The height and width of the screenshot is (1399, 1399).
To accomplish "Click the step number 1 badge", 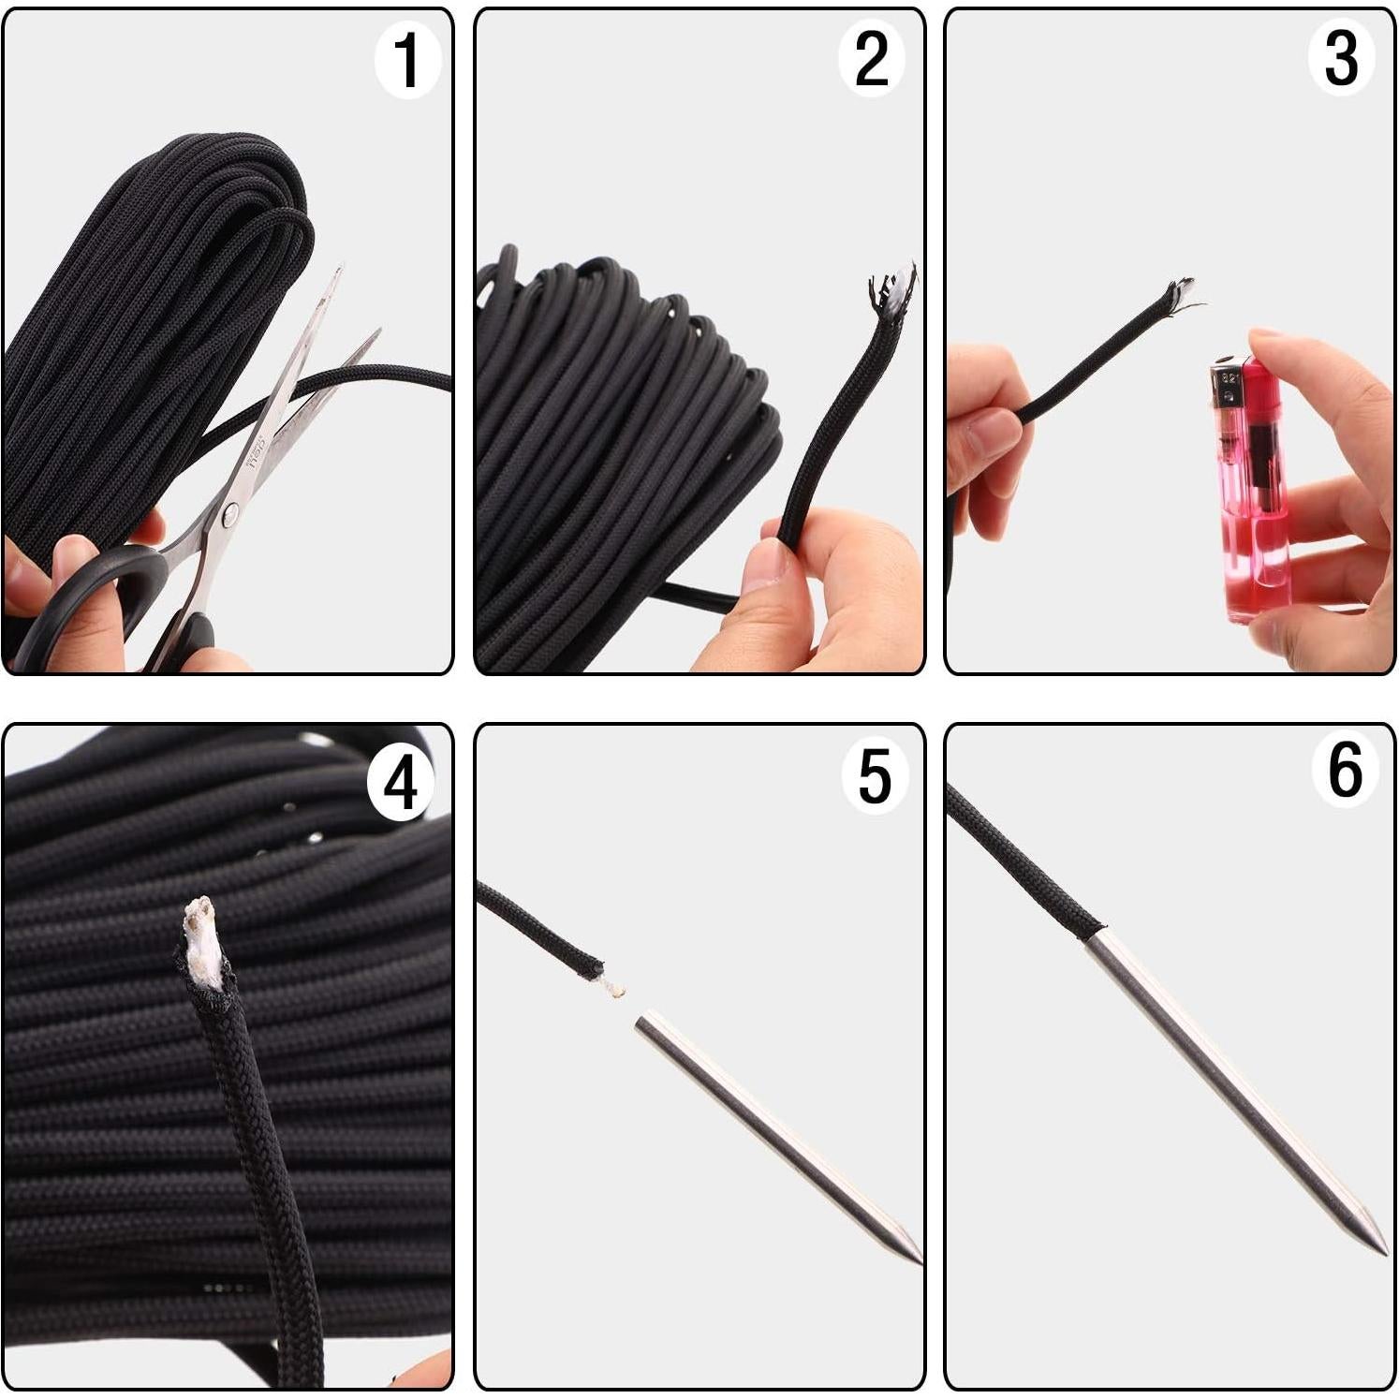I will pyautogui.click(x=406, y=61).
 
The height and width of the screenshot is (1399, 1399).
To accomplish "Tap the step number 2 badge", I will pyautogui.click(x=871, y=61).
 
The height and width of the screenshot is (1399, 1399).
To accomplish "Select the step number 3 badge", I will pyautogui.click(x=1341, y=59).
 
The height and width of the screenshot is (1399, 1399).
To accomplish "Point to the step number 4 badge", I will pyautogui.click(x=401, y=783).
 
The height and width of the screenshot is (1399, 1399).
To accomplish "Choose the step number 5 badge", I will pyautogui.click(x=874, y=776).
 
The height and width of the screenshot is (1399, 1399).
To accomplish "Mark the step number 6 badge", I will pyautogui.click(x=1345, y=771).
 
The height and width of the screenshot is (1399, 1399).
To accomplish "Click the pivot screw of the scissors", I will pyautogui.click(x=228, y=511).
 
